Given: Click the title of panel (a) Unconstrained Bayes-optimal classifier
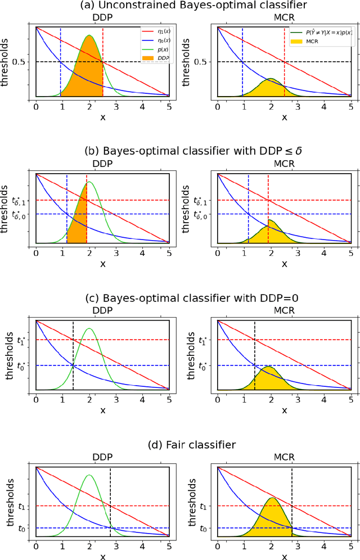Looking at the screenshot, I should (x=180, y=6).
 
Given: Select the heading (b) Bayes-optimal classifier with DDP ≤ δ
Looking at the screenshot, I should (x=180, y=152).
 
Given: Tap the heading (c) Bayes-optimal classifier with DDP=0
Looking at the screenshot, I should (x=180, y=299).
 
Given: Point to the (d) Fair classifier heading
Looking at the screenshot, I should (x=180, y=446).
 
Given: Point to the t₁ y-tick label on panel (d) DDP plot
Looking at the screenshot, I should (x=22, y=506).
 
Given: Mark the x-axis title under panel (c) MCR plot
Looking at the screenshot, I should (x=284, y=410).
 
